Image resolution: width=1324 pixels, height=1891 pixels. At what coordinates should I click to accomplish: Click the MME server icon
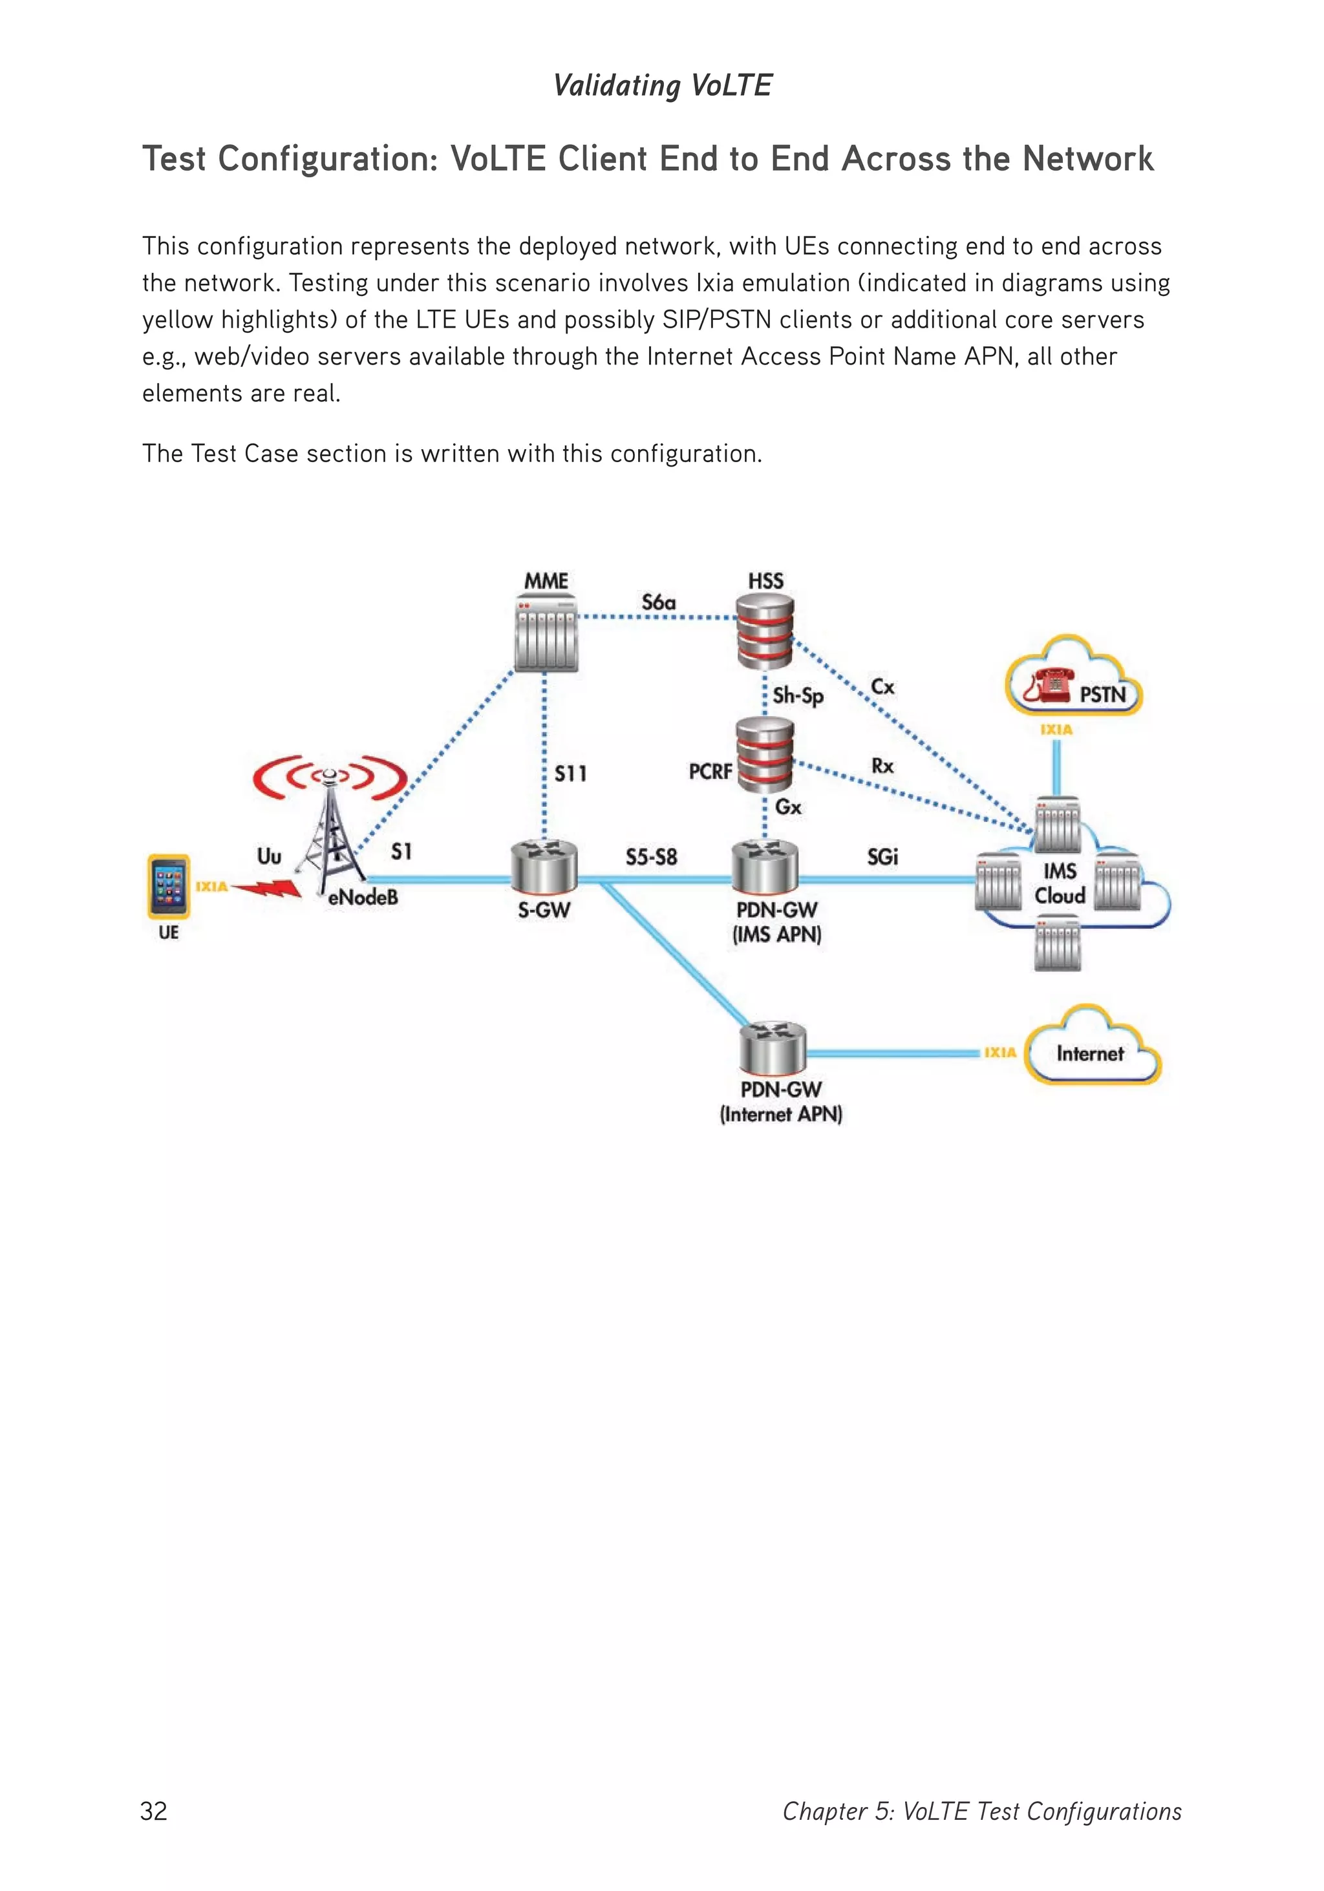point(546,633)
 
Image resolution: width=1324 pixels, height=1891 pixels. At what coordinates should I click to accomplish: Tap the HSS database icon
point(765,631)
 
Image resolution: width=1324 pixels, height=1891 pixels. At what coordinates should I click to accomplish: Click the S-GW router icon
point(544,867)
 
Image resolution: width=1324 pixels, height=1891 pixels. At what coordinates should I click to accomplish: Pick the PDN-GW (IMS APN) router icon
point(765,867)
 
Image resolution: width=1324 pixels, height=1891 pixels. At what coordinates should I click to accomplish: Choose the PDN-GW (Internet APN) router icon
point(772,1048)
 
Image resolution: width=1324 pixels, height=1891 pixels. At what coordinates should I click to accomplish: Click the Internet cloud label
point(1089,1053)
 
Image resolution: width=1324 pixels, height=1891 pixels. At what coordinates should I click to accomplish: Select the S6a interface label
point(658,602)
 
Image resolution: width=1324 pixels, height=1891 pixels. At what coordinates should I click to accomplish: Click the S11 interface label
point(570,774)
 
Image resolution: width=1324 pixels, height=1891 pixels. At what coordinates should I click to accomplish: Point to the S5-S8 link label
point(651,858)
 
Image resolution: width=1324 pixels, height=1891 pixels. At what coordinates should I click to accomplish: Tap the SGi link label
point(882,858)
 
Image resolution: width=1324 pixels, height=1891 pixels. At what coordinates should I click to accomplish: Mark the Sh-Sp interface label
point(798,696)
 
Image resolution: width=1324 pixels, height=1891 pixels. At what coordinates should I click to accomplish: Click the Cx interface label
point(882,686)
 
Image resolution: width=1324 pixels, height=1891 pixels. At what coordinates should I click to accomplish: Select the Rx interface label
point(882,766)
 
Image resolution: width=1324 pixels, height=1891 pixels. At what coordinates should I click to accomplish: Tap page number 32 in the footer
point(154,1811)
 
